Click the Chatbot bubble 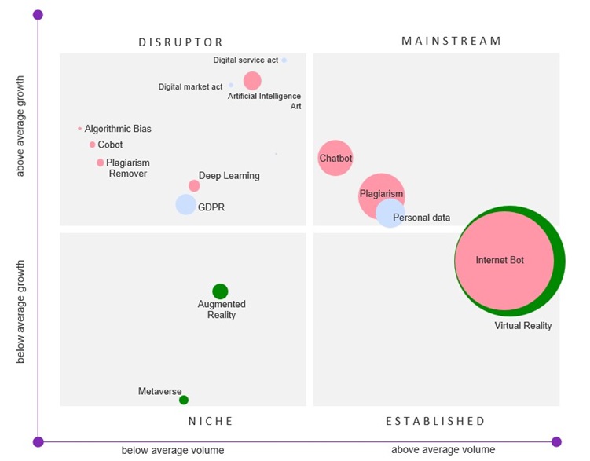[335, 158]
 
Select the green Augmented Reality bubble [220, 291]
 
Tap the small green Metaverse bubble [184, 400]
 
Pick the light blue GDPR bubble [185, 204]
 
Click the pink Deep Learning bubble [194, 186]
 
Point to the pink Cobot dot [93, 145]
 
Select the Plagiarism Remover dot [101, 163]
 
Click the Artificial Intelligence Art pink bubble [252, 80]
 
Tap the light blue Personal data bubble [390, 214]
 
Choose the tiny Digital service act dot [284, 60]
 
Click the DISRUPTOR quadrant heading [181, 42]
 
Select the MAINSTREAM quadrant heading [451, 40]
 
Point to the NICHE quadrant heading [211, 421]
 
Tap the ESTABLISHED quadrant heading [435, 421]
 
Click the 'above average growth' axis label [20, 126]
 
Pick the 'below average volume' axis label [172, 450]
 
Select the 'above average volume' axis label [443, 449]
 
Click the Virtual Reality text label [522, 326]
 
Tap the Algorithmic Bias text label [118, 129]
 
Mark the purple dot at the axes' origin [38, 441]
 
